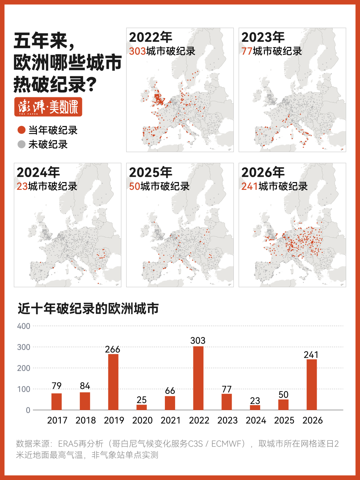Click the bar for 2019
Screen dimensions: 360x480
click(113, 382)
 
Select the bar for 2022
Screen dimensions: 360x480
click(198, 378)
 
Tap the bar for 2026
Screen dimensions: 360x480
click(312, 385)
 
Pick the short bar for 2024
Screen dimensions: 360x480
click(255, 408)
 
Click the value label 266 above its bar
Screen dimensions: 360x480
click(112, 349)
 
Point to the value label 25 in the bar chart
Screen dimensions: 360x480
click(142, 400)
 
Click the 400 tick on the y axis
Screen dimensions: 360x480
click(24, 326)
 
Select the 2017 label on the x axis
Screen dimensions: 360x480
click(57, 420)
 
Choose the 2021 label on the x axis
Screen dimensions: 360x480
click(171, 420)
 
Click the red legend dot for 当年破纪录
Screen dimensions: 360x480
click(21, 130)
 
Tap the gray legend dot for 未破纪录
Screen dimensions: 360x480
click(21, 144)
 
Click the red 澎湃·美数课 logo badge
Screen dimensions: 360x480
click(48, 107)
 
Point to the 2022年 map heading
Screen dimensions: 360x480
click(150, 37)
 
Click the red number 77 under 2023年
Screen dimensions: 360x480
click(247, 51)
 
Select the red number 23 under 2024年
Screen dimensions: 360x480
click(22, 187)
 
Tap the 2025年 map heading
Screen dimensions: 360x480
click(150, 172)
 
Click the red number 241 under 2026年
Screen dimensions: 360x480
click(250, 187)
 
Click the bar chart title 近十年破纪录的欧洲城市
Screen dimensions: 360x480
click(88, 309)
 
